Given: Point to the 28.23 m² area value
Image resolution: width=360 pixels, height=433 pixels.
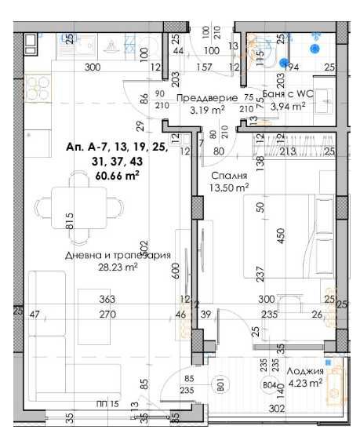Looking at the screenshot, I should click(118, 267).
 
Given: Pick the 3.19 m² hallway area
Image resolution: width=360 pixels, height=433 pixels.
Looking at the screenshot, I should click(208, 110).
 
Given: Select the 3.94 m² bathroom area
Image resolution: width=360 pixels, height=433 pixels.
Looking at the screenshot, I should click(288, 108).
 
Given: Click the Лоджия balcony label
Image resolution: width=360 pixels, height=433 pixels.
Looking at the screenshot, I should click(303, 371).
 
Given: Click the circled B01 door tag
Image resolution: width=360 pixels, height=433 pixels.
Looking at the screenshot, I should click(221, 384).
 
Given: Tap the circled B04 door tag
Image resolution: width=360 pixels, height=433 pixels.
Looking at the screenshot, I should click(271, 384).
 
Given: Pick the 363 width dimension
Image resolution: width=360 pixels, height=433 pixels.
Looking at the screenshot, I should click(107, 300).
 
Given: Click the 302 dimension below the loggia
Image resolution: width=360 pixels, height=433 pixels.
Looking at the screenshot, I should click(275, 409).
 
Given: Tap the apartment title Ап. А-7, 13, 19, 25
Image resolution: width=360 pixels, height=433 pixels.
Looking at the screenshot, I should click(116, 148).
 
